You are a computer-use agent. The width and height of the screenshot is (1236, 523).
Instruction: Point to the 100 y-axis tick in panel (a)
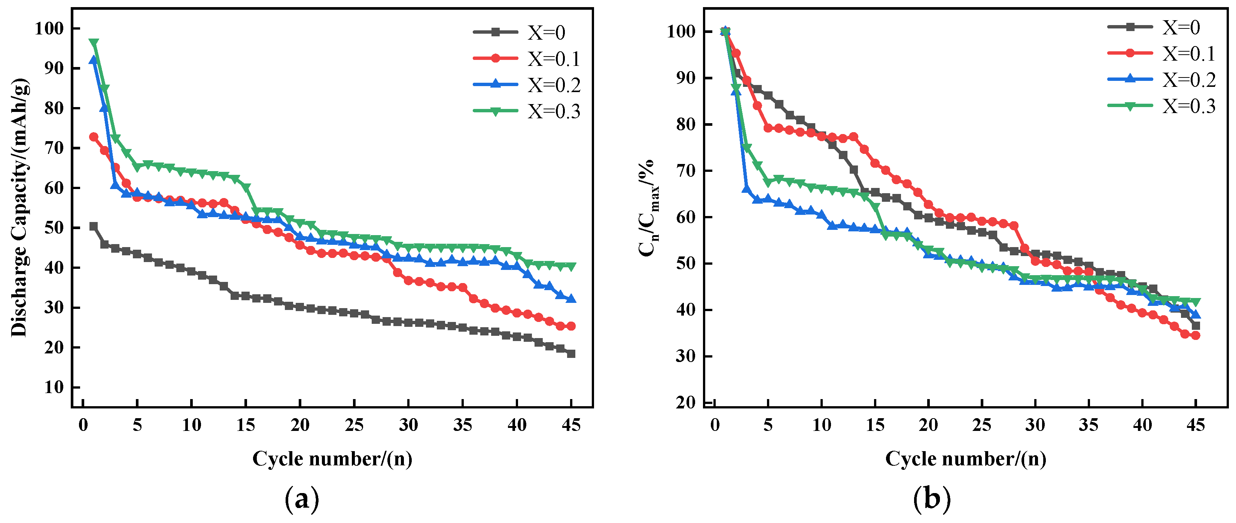[49, 28]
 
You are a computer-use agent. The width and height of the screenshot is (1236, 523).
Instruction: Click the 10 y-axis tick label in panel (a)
[54, 387]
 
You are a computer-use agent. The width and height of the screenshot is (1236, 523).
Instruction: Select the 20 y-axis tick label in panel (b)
[685, 402]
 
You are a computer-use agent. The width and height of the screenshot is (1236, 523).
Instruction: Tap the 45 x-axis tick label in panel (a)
[571, 425]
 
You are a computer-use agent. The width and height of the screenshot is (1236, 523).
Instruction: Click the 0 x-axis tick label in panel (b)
[715, 425]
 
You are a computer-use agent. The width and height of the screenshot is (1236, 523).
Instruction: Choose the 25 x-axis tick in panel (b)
[982, 425]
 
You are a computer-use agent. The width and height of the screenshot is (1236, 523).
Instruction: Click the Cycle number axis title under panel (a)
[332, 459]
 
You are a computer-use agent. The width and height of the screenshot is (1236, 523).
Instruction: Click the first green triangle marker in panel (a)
[94, 43]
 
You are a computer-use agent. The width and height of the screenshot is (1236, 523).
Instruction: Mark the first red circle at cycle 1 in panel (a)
[94, 137]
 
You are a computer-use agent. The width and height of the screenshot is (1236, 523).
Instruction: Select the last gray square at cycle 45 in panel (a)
[571, 354]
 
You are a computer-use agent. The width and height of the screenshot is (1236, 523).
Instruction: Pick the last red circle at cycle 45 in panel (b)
[1196, 335]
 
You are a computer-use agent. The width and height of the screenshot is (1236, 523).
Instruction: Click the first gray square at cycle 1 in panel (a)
[94, 226]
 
